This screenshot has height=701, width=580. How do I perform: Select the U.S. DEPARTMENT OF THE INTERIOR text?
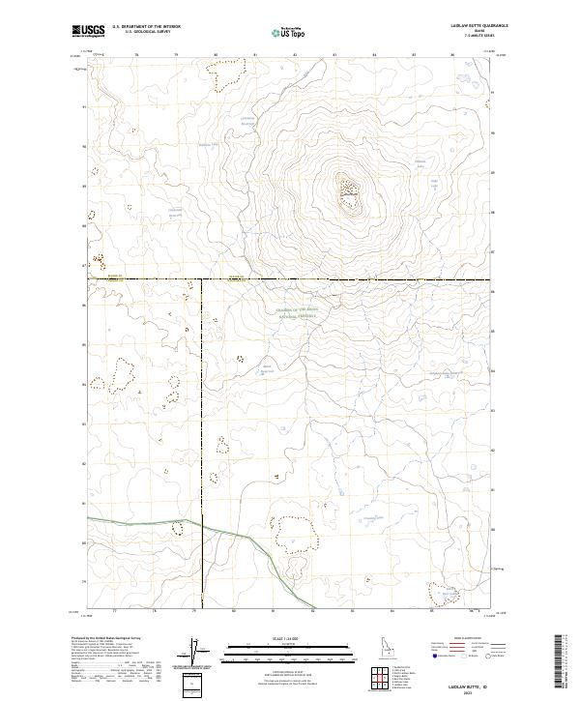pos(146,28)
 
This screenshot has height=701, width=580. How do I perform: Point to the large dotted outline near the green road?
pos(296,533)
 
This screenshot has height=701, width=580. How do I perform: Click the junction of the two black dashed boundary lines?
pos(201,280)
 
